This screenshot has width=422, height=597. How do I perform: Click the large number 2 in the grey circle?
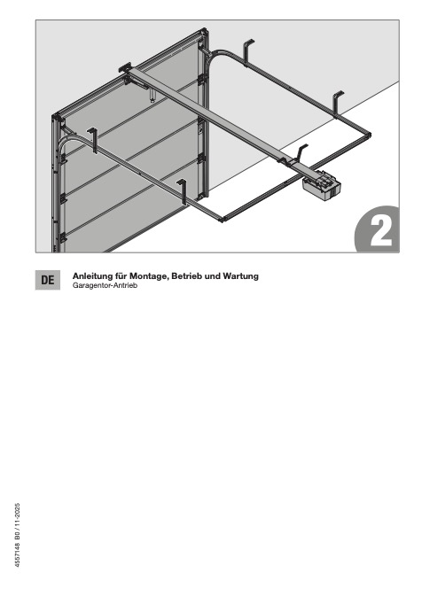[x=380, y=231]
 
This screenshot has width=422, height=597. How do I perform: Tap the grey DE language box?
[x=48, y=280]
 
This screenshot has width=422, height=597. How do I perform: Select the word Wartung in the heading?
[x=241, y=276]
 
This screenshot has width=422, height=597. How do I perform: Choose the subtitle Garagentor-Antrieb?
[x=105, y=285]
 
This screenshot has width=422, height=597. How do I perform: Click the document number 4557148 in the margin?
[x=18, y=554]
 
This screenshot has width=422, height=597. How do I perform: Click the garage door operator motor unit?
[x=321, y=186]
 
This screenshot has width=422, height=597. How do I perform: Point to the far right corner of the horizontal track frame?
[x=370, y=134]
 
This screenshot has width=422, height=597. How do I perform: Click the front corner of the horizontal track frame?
[x=223, y=220]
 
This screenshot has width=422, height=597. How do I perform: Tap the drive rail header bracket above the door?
[x=126, y=69]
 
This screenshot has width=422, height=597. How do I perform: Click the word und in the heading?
[x=213, y=276]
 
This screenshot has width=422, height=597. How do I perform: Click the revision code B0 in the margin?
[x=18, y=535]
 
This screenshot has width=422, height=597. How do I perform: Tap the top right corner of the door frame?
[x=206, y=29]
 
